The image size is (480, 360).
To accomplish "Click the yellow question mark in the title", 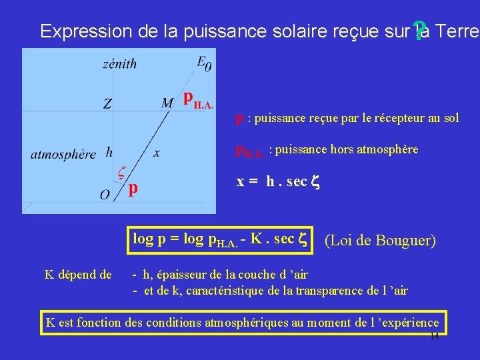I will coord(419,29).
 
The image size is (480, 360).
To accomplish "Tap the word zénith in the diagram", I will coord(120,64).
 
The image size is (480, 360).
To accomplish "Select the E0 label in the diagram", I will coord(205,63).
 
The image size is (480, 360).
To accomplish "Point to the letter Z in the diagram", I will coord(107,104).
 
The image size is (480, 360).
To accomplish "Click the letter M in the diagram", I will coord(167,102).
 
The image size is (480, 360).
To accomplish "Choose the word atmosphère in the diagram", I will coord(63,154).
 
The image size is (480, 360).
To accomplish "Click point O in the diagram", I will coord(105,195).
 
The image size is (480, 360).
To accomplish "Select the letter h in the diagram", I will coord(109,153).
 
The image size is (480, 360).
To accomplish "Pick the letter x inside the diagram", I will coord(157,153).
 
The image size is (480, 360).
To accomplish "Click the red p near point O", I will coord(133,189).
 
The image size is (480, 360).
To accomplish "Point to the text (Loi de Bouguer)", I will coord(380,240).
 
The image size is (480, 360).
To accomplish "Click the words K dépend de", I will coord(78,273).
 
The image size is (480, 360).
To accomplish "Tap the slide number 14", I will coord(434,337).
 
